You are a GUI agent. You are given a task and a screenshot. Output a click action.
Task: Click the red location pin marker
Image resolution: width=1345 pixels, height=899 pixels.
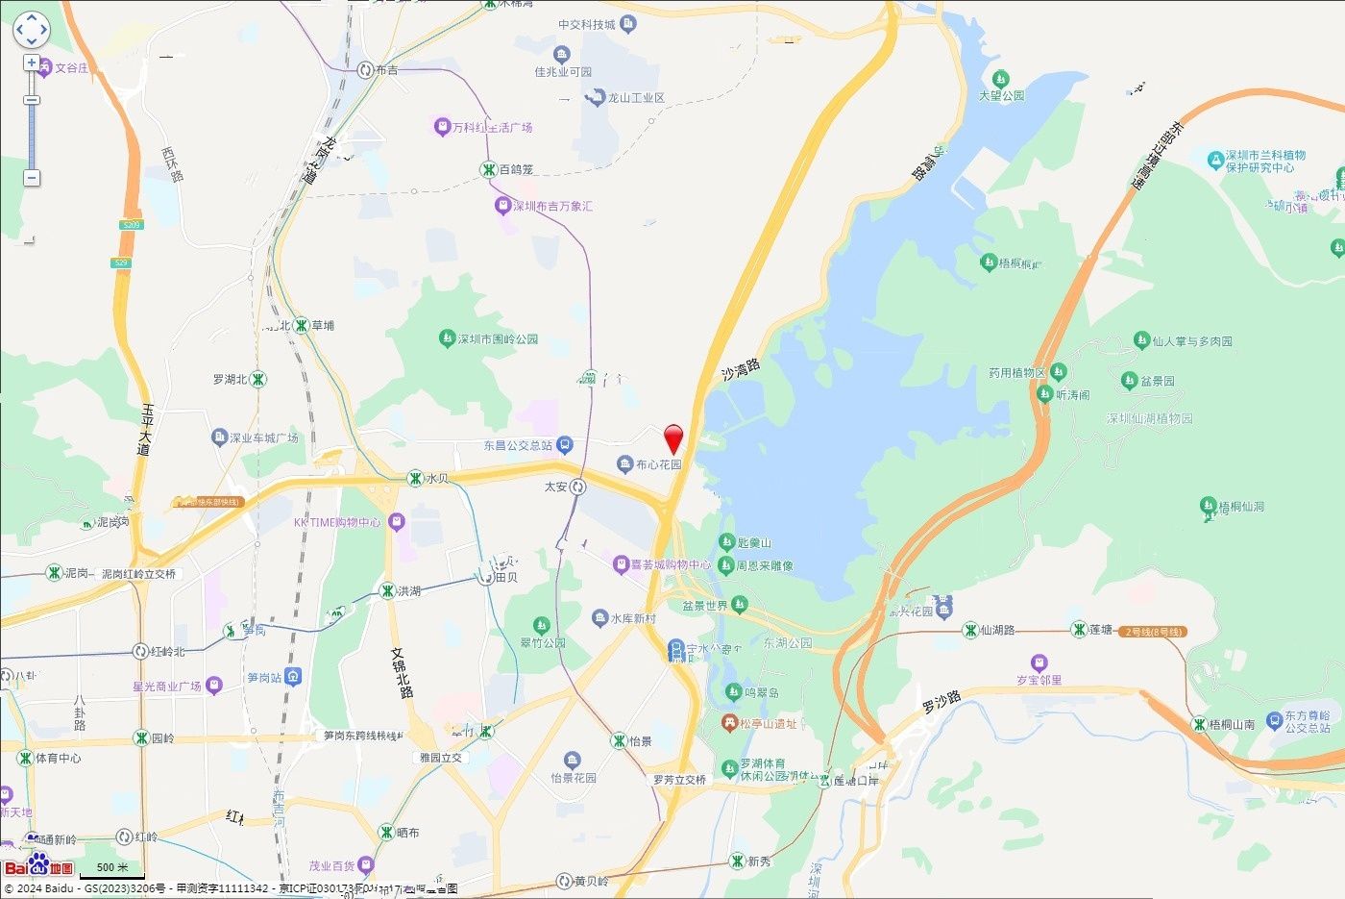tap(674, 437)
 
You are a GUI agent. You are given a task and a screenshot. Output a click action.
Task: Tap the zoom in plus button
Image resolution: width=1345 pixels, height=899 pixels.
tap(32, 62)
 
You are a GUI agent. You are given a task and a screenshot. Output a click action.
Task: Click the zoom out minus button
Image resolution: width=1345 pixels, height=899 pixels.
tap(32, 178)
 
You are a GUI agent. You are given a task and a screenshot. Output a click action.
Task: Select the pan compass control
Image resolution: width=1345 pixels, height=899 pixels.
tap(31, 30)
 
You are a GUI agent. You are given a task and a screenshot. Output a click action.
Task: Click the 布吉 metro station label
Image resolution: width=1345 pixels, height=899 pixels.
tap(386, 70)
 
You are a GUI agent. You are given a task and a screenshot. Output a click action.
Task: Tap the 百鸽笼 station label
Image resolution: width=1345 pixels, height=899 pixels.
tap(515, 169)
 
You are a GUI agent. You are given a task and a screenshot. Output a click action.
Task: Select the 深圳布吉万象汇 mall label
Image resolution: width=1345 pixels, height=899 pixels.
tap(551, 206)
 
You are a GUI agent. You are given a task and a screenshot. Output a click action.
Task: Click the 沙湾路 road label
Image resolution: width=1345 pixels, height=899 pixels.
tap(741, 369)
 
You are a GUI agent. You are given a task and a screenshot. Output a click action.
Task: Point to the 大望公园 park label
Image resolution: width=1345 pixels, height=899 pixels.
tap(1001, 95)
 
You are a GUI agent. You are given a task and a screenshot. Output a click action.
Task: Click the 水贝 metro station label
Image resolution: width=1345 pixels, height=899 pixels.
tap(437, 478)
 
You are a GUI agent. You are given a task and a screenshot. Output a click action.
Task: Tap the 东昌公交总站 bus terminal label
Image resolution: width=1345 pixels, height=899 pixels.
tap(518, 445)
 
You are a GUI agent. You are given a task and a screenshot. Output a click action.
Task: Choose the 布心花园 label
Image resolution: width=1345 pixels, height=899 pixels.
tap(658, 464)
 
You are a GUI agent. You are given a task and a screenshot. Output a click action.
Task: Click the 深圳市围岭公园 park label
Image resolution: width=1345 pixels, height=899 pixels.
tap(498, 338)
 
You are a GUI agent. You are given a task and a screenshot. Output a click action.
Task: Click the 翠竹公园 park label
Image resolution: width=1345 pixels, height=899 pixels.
tap(543, 642)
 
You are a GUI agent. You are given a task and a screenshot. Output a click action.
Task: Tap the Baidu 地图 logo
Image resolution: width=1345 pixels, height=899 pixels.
tap(38, 865)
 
